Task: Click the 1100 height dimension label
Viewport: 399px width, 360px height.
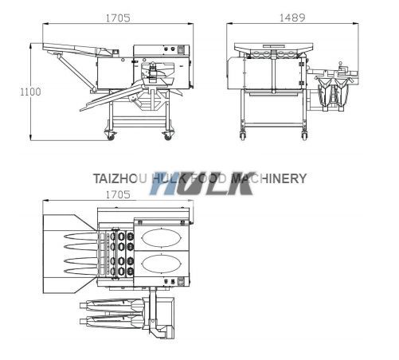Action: (31, 92)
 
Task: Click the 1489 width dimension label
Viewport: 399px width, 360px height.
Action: (292, 18)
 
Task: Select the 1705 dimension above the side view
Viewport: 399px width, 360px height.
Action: (118, 18)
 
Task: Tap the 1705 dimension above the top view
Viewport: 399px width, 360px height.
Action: (118, 195)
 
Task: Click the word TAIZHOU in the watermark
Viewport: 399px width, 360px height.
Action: (119, 178)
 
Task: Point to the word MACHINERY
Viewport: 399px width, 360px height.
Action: (268, 178)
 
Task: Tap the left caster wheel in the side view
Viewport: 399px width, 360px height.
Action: (110, 135)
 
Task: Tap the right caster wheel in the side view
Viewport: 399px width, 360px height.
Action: (167, 135)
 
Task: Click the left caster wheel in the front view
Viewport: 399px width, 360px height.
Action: (243, 135)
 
